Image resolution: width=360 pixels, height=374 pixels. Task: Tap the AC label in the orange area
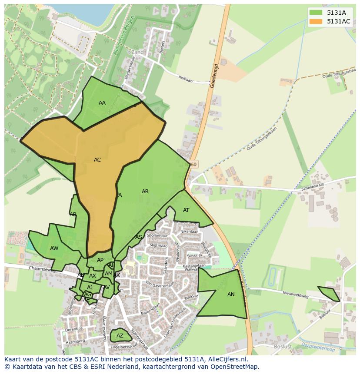(x=97, y=160)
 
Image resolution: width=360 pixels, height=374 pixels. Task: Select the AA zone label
(x=102, y=103)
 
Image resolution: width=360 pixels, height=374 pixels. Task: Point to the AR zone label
(x=145, y=192)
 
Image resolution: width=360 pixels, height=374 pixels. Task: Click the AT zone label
(x=186, y=210)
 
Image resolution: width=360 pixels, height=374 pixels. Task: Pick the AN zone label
(x=231, y=295)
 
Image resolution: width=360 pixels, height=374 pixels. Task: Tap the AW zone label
(x=54, y=248)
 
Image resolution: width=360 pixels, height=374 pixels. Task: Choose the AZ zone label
(x=120, y=336)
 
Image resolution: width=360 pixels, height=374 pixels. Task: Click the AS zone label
(x=139, y=237)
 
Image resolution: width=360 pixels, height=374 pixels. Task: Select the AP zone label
(x=100, y=260)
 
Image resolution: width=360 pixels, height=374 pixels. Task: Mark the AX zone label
(x=93, y=276)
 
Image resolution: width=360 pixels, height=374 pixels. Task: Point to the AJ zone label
(x=90, y=288)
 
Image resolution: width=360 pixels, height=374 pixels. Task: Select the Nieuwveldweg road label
(x=295, y=294)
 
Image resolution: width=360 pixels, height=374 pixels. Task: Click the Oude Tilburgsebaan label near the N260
(x=261, y=139)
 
